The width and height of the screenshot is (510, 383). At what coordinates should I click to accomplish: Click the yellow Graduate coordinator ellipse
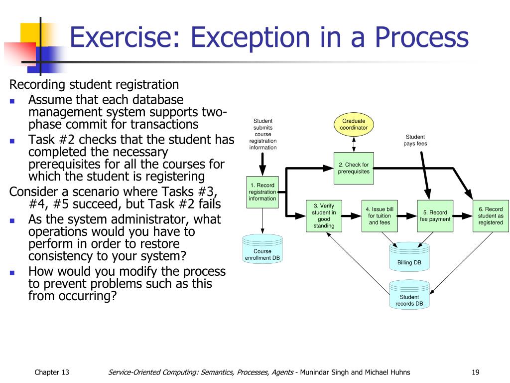point(354,124)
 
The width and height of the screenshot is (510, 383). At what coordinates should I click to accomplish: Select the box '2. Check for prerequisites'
point(354,168)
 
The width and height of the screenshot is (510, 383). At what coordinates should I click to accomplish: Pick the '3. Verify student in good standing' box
point(324,215)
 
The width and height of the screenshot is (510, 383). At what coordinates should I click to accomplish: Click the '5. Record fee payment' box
point(435,215)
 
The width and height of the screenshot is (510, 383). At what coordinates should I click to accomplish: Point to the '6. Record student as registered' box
point(491,215)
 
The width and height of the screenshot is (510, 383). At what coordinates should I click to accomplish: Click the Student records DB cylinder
point(409,295)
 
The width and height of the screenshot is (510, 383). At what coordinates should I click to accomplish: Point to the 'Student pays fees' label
point(415,140)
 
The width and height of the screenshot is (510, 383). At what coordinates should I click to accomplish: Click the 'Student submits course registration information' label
point(263,134)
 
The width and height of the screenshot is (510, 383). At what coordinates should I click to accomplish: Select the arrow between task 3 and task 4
point(352,216)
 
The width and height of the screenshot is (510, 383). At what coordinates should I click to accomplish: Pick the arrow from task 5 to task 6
point(463,216)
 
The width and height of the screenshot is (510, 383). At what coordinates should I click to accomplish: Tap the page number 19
point(475,372)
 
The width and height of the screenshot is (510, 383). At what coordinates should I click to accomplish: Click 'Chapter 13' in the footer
point(52,372)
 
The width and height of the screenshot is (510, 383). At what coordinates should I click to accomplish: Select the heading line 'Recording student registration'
point(94,84)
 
